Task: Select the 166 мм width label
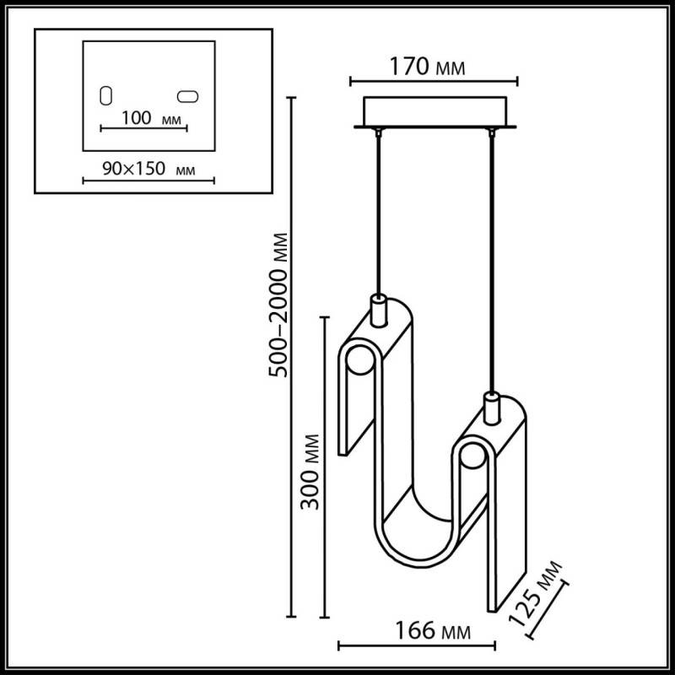click(429, 630)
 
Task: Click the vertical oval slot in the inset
click(106, 95)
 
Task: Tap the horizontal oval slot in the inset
click(189, 95)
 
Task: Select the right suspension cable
click(489, 253)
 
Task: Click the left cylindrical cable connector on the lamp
click(379, 310)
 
